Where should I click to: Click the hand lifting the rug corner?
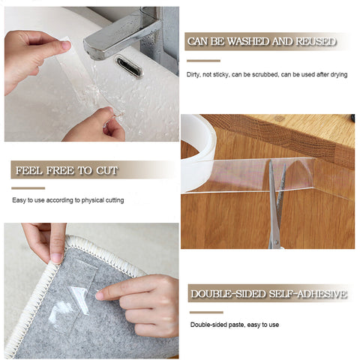point(45,240)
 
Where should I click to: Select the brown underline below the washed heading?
point(203,60)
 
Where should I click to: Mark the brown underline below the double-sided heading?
point(206,311)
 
